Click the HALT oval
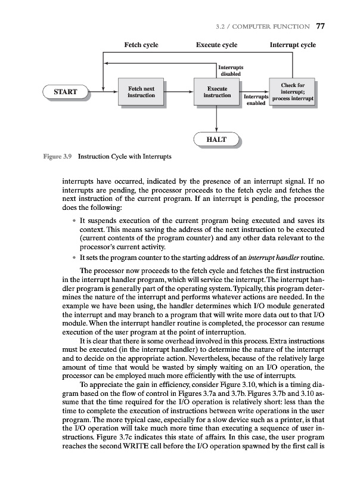(x=218, y=140)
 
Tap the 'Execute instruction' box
(x=217, y=92)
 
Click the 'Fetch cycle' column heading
(x=141, y=45)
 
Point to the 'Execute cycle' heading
(x=216, y=45)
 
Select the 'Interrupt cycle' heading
(x=293, y=45)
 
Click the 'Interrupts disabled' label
(x=231, y=70)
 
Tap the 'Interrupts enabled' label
(x=255, y=100)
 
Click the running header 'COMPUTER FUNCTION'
(x=275, y=26)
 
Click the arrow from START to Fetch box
(x=101, y=92)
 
